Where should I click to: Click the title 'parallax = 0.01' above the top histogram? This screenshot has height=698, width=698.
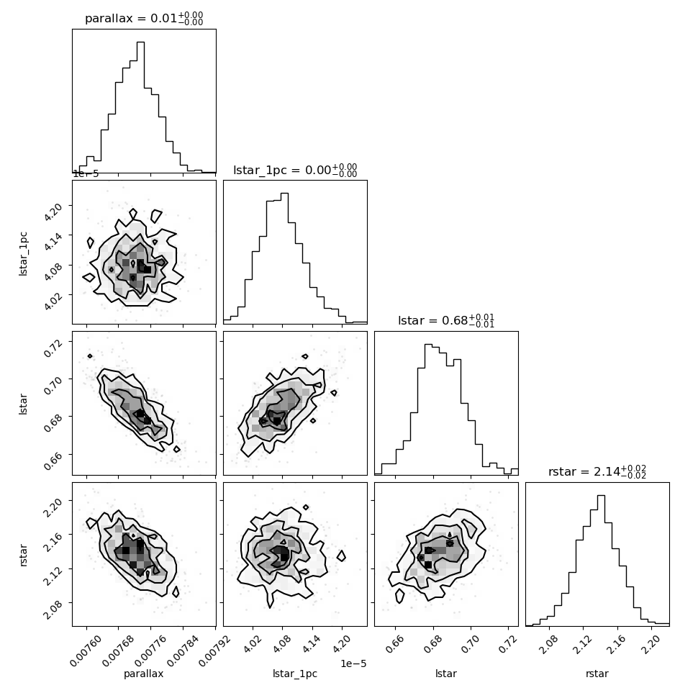(x=144, y=18)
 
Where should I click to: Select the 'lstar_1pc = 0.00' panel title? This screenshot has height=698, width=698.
(x=295, y=170)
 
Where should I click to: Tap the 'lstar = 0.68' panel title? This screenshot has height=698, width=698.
(x=446, y=320)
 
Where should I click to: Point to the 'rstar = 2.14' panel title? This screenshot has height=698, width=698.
(x=597, y=471)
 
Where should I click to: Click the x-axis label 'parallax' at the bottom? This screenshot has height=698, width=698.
(x=143, y=674)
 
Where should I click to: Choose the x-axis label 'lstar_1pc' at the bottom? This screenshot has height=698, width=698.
(x=295, y=674)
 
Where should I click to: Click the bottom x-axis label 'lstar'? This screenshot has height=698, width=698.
(x=446, y=674)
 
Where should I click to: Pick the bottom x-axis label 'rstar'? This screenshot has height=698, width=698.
(x=597, y=674)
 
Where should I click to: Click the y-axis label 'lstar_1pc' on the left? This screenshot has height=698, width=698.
(x=23, y=254)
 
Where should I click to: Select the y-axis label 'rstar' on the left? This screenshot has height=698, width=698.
(x=24, y=555)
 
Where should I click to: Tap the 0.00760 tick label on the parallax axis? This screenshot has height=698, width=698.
(x=86, y=651)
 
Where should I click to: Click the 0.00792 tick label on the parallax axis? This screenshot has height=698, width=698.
(x=215, y=651)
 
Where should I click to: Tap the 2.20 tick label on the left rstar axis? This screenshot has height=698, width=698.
(x=53, y=506)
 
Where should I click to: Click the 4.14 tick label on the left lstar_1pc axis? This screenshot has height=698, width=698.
(x=53, y=240)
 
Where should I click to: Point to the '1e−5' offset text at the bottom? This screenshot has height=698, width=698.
(x=353, y=663)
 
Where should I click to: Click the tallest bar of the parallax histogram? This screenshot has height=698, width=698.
(x=140, y=106)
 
